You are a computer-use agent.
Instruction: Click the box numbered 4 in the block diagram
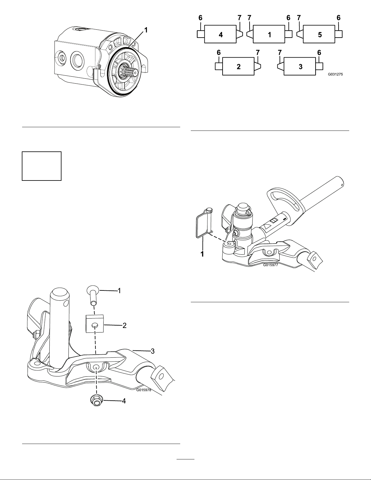(220, 34)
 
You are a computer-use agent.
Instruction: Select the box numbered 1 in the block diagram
(269, 34)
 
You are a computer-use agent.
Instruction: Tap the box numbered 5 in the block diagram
(319, 34)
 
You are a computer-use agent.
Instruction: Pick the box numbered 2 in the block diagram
(238, 66)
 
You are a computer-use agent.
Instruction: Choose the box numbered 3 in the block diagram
(300, 66)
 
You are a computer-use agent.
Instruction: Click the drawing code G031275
(335, 74)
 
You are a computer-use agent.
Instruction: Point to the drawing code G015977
(270, 265)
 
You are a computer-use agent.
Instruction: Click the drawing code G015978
(144, 390)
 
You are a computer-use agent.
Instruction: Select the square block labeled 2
(95, 324)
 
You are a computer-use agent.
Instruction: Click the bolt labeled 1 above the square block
(93, 295)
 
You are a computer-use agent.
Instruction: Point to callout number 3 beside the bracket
(152, 351)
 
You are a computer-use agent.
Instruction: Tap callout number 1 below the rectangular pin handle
(202, 254)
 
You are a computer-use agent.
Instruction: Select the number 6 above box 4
(200, 18)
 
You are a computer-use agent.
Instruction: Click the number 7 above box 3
(280, 53)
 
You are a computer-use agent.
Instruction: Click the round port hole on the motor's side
(77, 60)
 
